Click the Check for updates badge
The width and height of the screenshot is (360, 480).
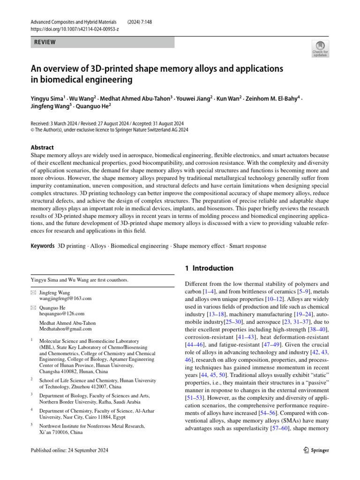[320, 49]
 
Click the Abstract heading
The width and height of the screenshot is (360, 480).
[42, 147]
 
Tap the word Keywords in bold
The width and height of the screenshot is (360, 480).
[42, 246]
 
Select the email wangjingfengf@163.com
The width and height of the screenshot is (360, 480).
[65, 298]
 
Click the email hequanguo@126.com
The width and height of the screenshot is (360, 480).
[62, 314]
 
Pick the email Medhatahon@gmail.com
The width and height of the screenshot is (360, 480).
[65, 329]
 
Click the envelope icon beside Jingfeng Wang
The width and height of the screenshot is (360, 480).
[33, 292]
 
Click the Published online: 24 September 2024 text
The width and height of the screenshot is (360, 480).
[69, 450]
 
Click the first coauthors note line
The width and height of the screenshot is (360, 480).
[79, 280]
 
